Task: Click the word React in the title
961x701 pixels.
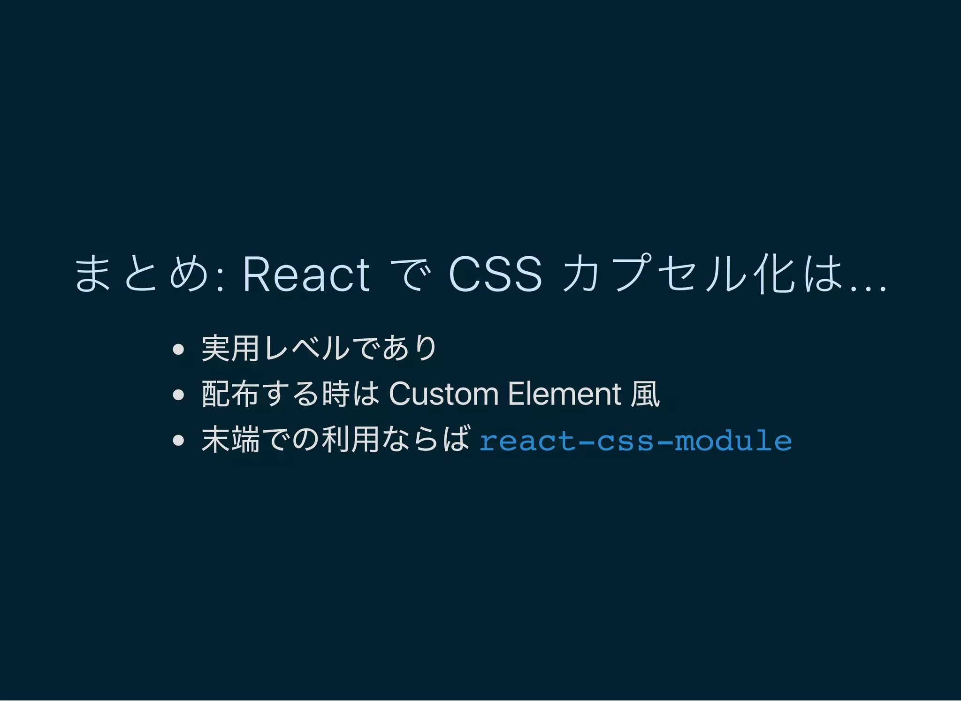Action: point(306,274)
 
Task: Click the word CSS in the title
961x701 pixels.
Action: point(496,274)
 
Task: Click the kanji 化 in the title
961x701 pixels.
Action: point(775,274)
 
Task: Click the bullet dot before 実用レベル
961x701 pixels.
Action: point(178,349)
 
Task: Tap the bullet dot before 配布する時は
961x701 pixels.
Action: point(178,395)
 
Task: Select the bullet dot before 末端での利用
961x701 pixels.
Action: point(178,440)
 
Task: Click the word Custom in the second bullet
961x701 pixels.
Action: point(443,394)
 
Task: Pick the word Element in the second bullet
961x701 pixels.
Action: point(564,394)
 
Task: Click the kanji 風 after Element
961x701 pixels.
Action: point(645,394)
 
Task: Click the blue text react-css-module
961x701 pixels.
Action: point(635,441)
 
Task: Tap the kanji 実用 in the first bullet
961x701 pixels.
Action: point(230,348)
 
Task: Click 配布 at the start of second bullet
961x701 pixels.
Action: point(230,394)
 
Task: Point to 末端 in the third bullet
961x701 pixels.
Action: point(230,440)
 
